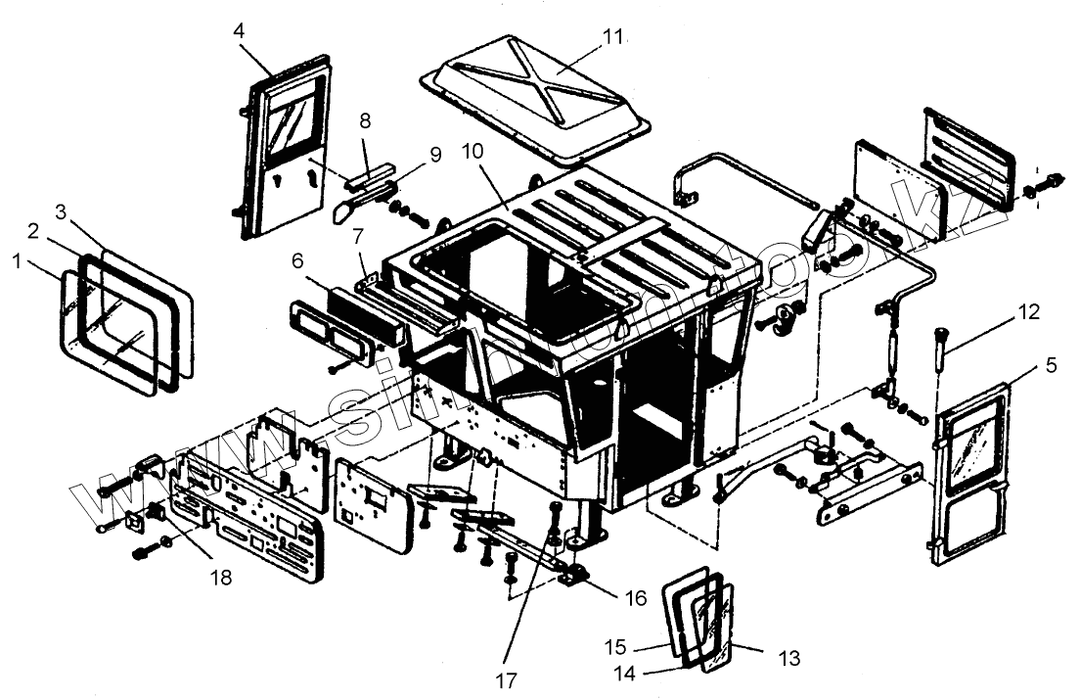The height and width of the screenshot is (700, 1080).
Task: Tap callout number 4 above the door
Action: tap(239, 29)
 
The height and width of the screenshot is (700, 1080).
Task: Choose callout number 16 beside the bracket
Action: tap(636, 597)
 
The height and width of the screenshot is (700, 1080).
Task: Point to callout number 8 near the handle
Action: tap(366, 121)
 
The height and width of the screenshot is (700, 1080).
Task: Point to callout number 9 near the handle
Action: tap(435, 155)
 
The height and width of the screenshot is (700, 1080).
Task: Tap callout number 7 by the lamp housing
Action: tap(359, 236)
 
